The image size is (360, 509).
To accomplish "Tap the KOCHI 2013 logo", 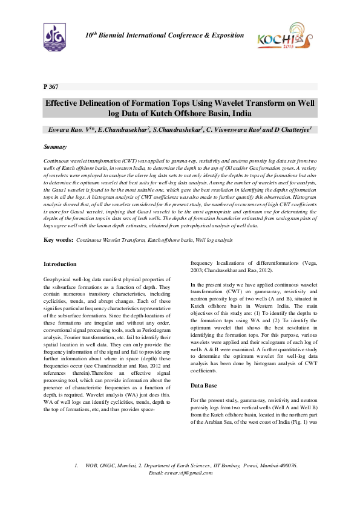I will point(276,37).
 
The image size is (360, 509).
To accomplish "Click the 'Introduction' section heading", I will point(61,264).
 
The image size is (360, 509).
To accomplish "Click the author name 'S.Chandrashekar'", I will point(177,129).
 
